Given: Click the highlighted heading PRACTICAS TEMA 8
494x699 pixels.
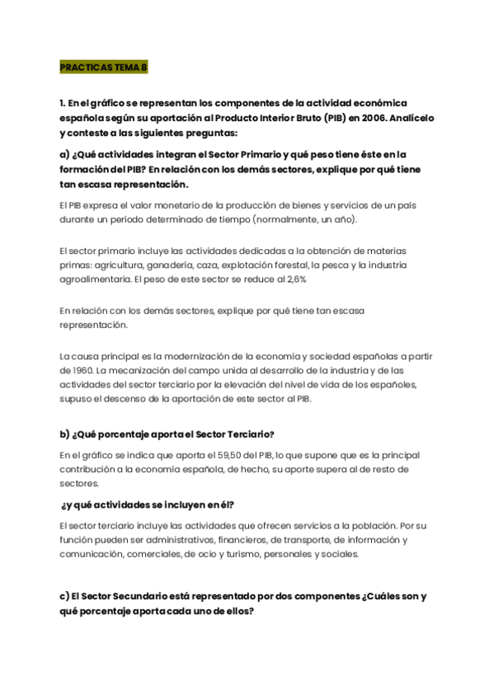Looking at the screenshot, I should [x=103, y=68].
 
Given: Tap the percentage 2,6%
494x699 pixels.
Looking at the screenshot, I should [x=294, y=279].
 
